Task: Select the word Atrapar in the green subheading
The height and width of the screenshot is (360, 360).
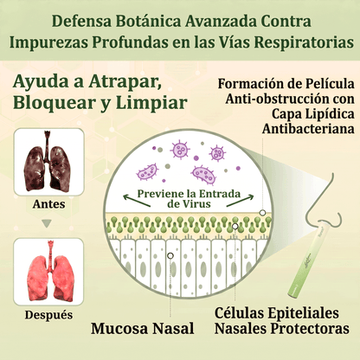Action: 125,82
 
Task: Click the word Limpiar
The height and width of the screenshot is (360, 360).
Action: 151,103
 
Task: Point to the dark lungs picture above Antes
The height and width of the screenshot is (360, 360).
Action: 48,161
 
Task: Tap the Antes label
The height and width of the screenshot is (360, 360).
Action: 48,204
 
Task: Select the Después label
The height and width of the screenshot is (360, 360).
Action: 48,315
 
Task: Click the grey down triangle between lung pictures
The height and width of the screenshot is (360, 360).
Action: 47,223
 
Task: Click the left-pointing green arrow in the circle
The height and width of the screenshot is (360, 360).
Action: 137,201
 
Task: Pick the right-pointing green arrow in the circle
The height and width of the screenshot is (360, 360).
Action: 240,201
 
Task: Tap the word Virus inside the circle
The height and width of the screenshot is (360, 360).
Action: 196,204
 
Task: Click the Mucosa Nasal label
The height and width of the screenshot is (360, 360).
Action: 143,328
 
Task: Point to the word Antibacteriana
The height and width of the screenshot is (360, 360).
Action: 308,129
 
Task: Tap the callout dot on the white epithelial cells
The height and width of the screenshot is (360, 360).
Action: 170,255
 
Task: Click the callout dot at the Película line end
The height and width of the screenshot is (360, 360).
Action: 262,213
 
